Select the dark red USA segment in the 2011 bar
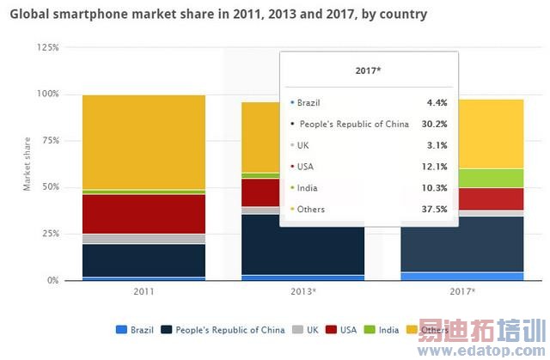144,213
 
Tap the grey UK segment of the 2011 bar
144,239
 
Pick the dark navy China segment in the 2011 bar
144,260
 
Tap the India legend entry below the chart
383,330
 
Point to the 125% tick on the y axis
48,47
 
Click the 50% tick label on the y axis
50,186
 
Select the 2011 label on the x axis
144,292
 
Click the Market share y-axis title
27,163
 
